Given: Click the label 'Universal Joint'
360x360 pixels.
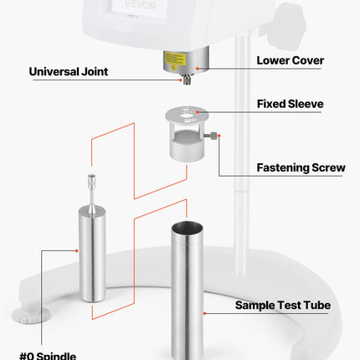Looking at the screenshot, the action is [69, 72].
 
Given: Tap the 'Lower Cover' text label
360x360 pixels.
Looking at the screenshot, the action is [291, 60].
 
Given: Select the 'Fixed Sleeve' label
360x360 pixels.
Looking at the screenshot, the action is [291, 104].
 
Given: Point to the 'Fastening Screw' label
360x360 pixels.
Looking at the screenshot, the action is [301, 167].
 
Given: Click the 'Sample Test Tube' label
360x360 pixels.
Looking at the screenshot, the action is [283, 306].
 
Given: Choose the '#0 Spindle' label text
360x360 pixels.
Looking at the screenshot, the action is [48, 356].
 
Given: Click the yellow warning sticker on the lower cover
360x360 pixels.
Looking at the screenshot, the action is [175, 59].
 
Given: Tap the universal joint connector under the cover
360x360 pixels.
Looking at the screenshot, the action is [187, 79].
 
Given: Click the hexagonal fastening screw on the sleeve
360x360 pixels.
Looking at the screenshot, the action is [211, 136].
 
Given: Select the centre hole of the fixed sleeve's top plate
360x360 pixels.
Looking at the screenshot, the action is [186, 115].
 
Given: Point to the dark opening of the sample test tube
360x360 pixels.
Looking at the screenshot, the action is [187, 228].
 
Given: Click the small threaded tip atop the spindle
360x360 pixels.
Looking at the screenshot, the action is [91, 179].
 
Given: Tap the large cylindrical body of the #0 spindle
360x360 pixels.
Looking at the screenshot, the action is [92, 254].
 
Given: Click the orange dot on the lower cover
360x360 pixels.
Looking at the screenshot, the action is [198, 69].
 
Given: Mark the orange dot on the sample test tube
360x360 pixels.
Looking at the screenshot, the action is [204, 313].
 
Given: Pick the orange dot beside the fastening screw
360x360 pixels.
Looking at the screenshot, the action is [219, 136].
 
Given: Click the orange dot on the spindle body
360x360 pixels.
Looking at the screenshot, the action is [76, 250].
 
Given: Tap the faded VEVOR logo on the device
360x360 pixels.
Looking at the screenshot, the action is [140, 4].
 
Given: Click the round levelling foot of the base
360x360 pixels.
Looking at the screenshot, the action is [31, 316].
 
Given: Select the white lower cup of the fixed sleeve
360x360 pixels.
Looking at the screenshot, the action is [186, 149].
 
